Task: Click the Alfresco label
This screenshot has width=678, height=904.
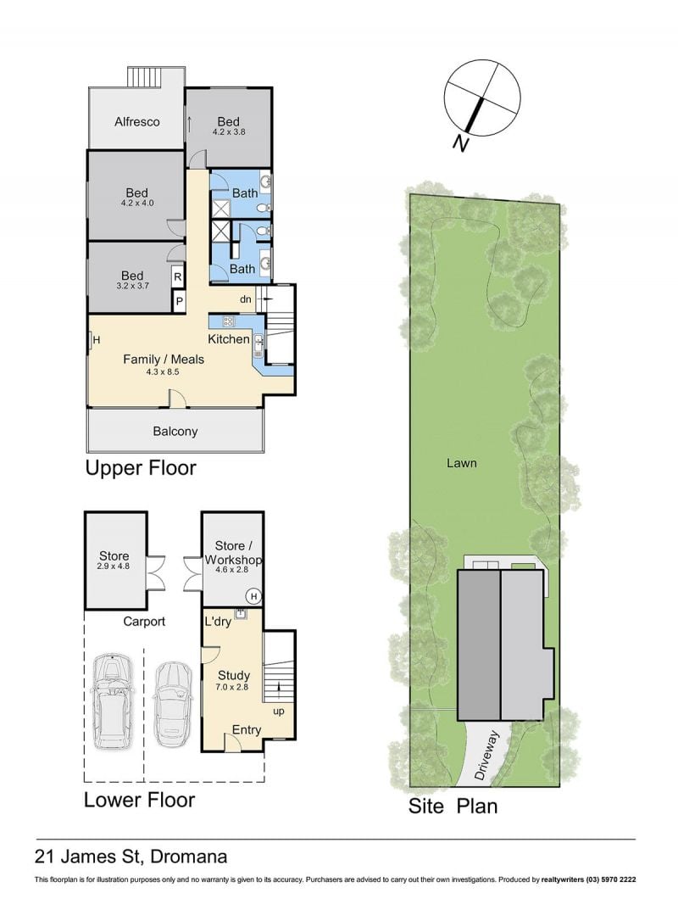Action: pyautogui.click(x=136, y=121)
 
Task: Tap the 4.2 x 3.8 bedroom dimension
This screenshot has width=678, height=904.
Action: pyautogui.click(x=229, y=131)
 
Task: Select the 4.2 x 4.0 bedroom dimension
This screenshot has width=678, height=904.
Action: pyautogui.click(x=137, y=203)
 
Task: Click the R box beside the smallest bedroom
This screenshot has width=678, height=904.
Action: pyautogui.click(x=178, y=277)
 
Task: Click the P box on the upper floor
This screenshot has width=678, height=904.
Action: pyautogui.click(x=179, y=300)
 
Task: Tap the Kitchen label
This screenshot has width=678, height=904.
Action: pyautogui.click(x=229, y=339)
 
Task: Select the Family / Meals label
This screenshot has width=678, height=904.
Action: pyautogui.click(x=164, y=360)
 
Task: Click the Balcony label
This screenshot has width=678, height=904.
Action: pyautogui.click(x=175, y=432)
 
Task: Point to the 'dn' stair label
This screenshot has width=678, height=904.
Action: pyautogui.click(x=246, y=299)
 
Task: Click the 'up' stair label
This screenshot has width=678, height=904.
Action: pyautogui.click(x=279, y=711)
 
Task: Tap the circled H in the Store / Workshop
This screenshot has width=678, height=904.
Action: pyautogui.click(x=253, y=596)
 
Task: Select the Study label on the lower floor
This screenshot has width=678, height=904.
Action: pyautogui.click(x=234, y=675)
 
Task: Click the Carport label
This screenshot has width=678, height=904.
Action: pyautogui.click(x=144, y=622)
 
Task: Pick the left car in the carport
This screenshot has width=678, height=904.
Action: pyautogui.click(x=114, y=701)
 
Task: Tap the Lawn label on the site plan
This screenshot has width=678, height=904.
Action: pyautogui.click(x=461, y=463)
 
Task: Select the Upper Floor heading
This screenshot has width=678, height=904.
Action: pyautogui.click(x=141, y=467)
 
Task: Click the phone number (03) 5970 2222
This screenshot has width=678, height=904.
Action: pyautogui.click(x=612, y=879)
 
